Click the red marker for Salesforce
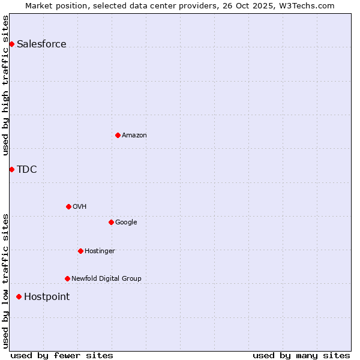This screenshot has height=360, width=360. coord(11,44)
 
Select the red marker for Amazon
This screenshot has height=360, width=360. coord(118,135)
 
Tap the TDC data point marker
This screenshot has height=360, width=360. coord(11,169)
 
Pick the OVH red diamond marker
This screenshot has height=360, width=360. coord(68,206)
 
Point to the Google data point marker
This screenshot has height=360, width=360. coord(111,222)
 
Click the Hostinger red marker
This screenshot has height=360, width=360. coord(80,251)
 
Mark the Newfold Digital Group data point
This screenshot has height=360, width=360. coord(67,278)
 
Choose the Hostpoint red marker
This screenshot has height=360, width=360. coord(19,296)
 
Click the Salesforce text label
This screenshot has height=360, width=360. coord(41,44)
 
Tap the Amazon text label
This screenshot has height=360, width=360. coord(134,135)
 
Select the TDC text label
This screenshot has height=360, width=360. coord(27,169)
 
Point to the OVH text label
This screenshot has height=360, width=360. coord(80,206)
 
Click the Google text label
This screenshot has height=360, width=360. coord(126,222)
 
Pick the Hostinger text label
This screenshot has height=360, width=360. coord(100,251)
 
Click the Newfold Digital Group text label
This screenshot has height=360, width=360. coord(106,278)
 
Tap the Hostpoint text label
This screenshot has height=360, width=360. coord(47,296)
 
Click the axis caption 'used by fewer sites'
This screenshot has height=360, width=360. coord(62,355)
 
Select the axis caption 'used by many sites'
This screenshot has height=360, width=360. coord(301,355)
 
